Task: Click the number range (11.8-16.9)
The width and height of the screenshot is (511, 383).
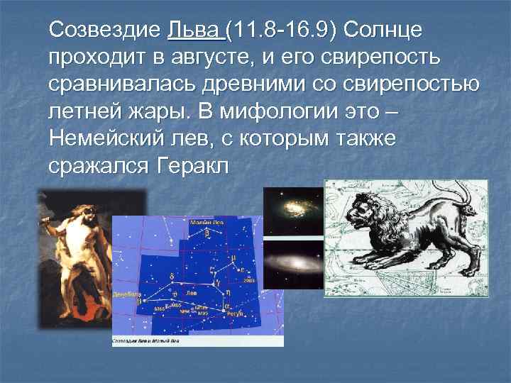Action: (284, 30)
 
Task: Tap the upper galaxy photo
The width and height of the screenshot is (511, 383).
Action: (294, 211)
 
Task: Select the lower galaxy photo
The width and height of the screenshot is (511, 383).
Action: (294, 266)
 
